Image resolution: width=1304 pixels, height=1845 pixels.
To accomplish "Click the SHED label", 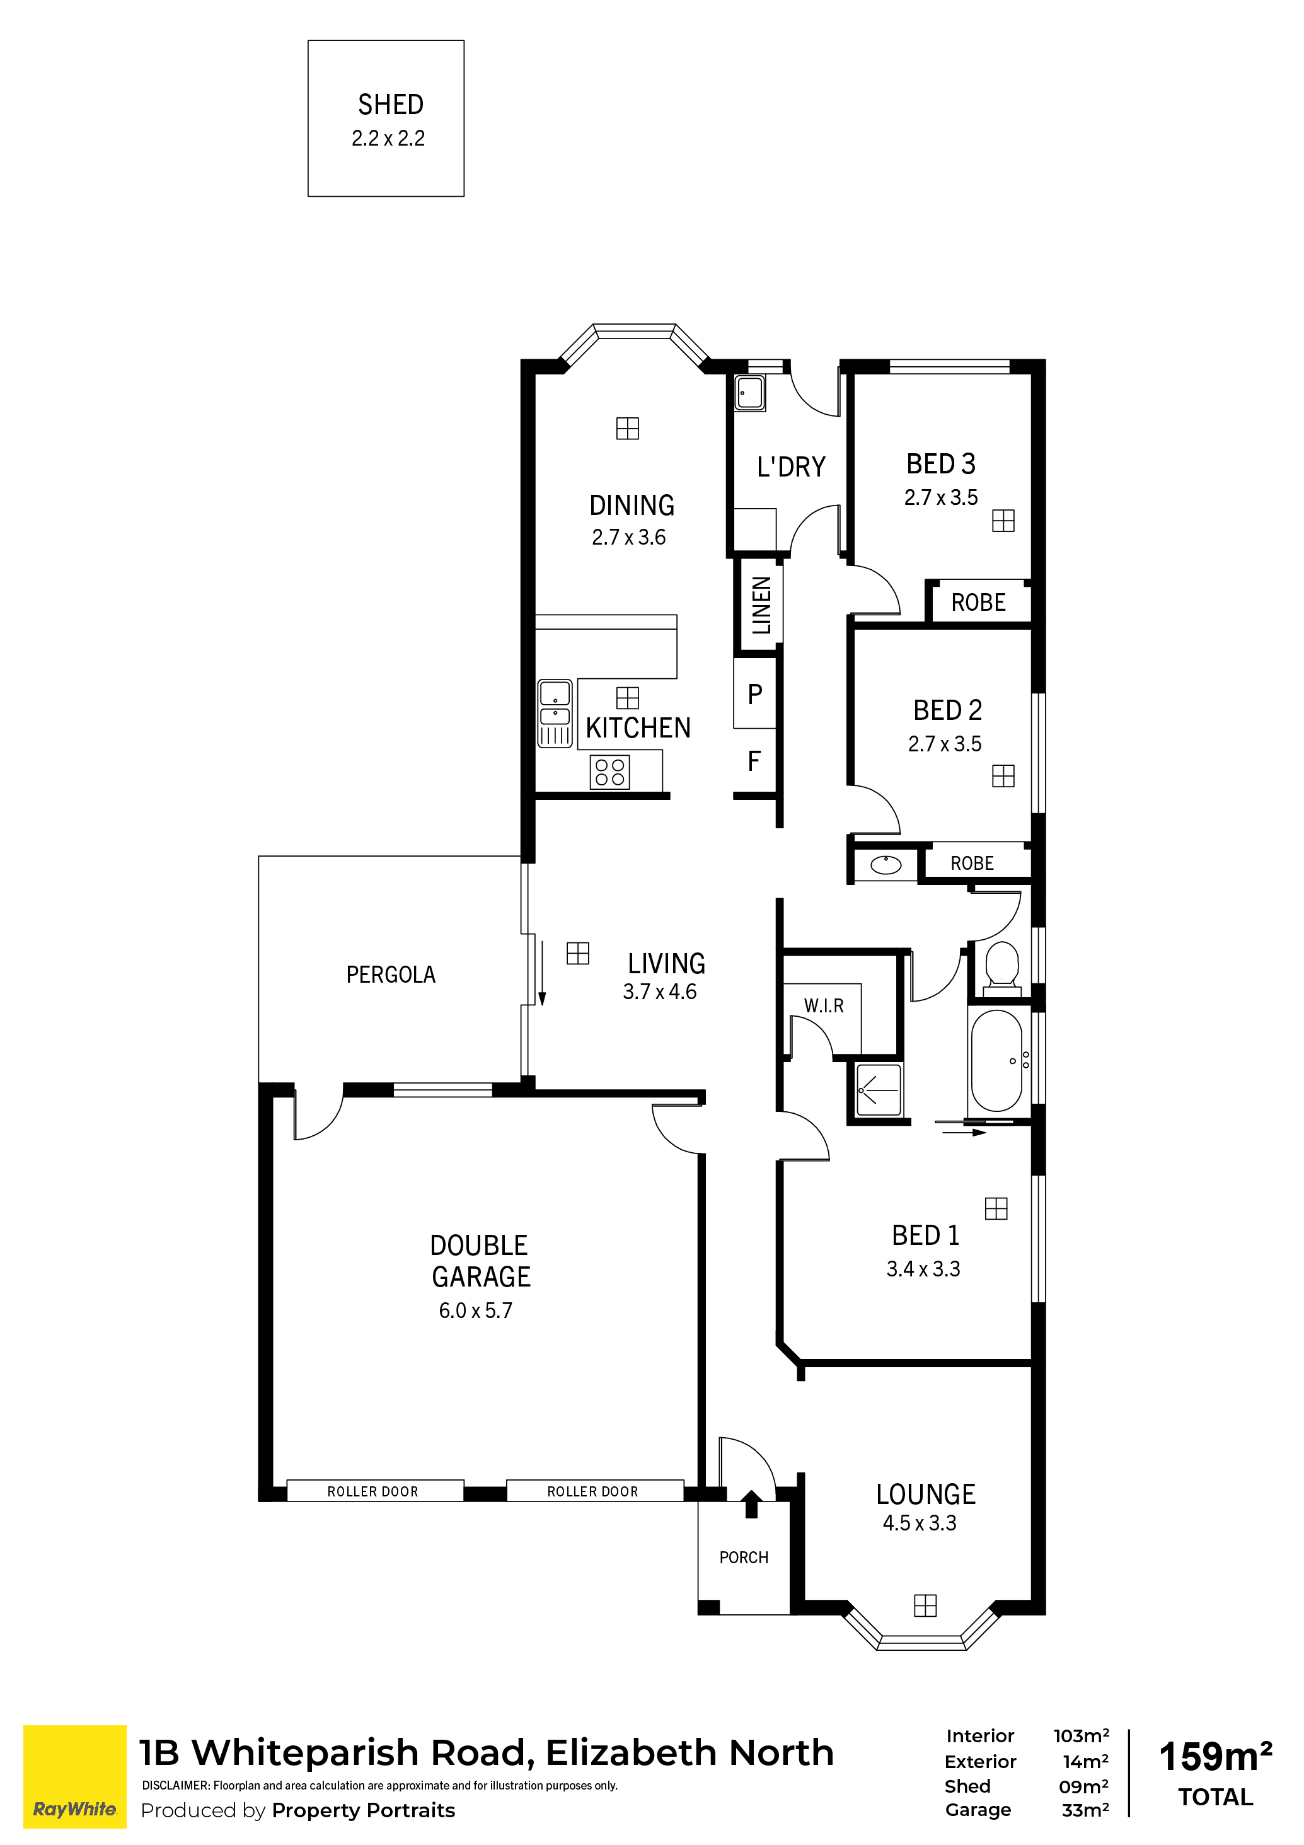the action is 391,105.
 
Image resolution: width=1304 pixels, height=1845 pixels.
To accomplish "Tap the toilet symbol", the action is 1002,968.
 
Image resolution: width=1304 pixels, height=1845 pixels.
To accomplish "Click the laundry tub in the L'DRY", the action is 749,393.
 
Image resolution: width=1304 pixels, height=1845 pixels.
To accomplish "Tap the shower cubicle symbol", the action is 879,1090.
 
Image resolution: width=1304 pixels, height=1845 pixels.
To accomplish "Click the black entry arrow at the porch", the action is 751,1503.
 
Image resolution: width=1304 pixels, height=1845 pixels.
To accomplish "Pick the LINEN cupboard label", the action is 761,605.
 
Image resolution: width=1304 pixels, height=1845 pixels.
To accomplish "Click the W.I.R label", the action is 824,1005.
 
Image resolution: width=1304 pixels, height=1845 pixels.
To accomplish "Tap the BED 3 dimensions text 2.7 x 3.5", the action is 941,497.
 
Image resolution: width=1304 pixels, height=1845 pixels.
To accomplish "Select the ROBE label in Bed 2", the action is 972,863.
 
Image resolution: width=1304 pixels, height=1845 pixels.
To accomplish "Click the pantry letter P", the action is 754,693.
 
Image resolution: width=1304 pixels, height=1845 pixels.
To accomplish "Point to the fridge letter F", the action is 754,760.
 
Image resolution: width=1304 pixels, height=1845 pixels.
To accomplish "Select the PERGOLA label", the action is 391,975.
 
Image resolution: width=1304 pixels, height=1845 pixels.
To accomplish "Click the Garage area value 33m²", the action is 1085,1810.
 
